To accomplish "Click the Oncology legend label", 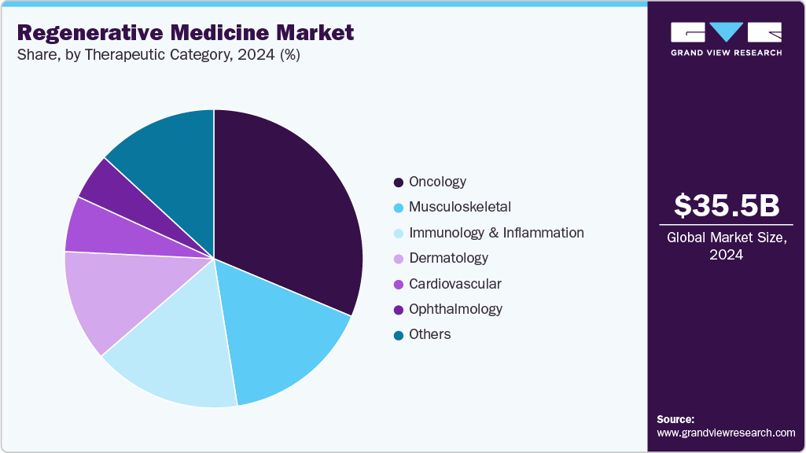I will click(x=437, y=182).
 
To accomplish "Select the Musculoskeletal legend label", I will click(x=459, y=207).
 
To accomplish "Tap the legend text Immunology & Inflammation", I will click(x=496, y=233).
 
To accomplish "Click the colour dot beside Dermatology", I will click(x=399, y=259).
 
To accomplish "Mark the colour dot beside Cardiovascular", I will click(x=399, y=284).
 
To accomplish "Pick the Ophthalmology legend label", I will click(x=455, y=309).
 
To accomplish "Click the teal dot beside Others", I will click(x=399, y=335).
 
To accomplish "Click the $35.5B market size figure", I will click(x=727, y=206).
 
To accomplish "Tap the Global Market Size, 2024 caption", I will click(x=727, y=246).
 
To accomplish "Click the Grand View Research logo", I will click(x=727, y=39).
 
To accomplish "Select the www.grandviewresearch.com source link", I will click(x=726, y=433).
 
